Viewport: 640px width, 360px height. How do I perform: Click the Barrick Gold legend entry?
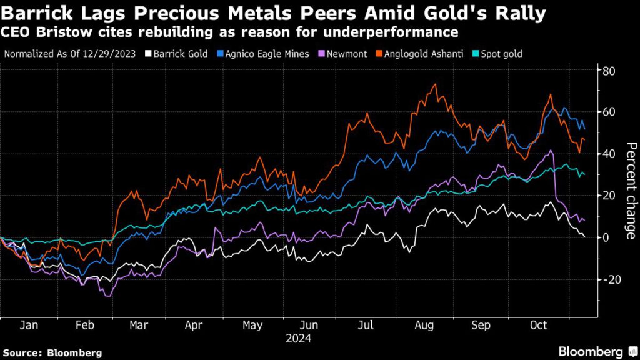coord(177,54)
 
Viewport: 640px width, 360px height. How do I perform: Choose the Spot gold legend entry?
coord(499,54)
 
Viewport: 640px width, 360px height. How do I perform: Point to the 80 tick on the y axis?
coord(609,71)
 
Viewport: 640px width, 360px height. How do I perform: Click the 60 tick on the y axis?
coord(609,112)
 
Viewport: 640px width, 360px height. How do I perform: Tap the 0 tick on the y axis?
coord(606,237)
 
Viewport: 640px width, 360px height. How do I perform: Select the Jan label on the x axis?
coord(29,326)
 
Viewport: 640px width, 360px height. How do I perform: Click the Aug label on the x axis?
coord(424,326)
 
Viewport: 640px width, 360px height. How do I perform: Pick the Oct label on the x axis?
coord(538,326)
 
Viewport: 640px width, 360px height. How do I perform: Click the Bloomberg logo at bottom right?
coord(591,351)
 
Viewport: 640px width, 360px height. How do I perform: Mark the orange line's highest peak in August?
coord(434,84)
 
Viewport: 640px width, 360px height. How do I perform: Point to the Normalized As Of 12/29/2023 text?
coord(70,54)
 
